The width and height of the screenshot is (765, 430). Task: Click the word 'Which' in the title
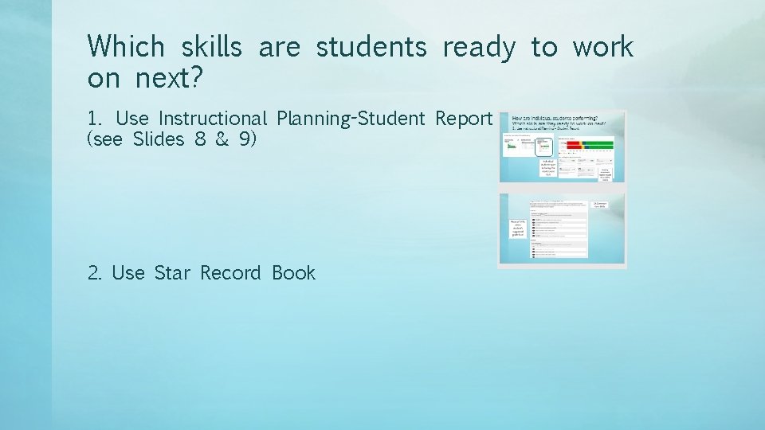126,47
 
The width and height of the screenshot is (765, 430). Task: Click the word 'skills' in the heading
211,47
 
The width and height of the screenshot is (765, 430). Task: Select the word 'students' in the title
371,47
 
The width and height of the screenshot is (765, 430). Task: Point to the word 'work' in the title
602,47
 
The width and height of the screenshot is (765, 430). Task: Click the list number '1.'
95,119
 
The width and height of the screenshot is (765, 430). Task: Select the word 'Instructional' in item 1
213,119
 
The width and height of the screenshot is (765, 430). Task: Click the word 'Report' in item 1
464,119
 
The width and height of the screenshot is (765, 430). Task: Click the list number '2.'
96,273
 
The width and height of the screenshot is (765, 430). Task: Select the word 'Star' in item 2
172,273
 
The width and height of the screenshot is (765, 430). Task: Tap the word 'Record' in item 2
230,273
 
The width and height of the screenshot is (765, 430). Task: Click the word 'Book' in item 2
293,273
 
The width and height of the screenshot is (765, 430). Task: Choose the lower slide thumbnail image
563,229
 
